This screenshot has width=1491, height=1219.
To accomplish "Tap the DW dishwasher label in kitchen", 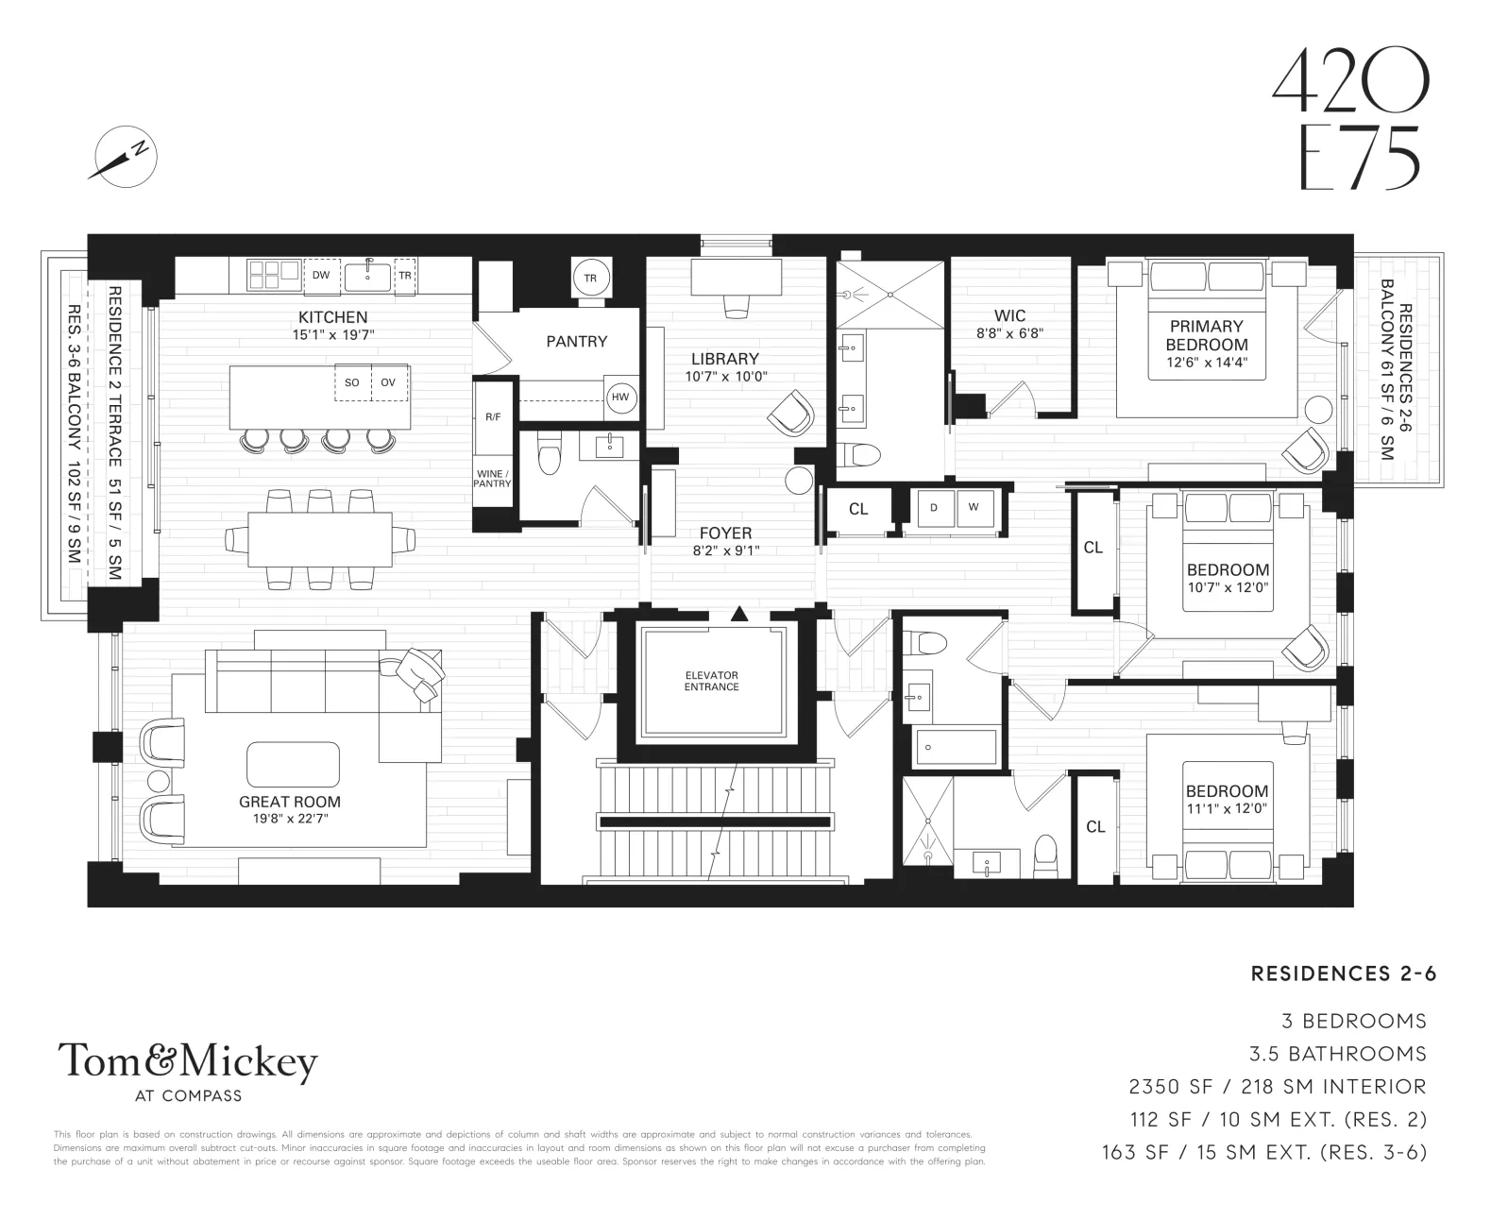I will click(x=321, y=275).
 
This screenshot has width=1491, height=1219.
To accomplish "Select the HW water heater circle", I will click(x=620, y=398).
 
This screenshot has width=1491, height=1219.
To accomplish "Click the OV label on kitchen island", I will click(x=388, y=382).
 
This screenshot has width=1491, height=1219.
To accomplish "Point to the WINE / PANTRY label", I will click(x=492, y=479).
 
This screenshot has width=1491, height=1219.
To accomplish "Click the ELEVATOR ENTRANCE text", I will click(x=712, y=681).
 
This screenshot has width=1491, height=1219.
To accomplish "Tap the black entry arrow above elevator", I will click(x=739, y=615).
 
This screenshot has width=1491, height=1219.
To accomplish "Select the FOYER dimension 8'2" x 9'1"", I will click(x=725, y=550).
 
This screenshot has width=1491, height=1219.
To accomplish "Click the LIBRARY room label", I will click(x=724, y=359).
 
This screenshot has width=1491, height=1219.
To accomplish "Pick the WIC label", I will click(x=1008, y=315).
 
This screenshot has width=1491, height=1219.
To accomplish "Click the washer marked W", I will click(x=973, y=508).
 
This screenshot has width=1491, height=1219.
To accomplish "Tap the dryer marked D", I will click(x=934, y=508).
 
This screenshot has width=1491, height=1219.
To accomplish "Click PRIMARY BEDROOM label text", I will click(x=1206, y=335).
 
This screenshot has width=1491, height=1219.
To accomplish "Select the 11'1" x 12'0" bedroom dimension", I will click(x=1227, y=808).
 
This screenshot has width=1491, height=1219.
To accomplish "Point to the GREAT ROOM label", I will click(x=289, y=802).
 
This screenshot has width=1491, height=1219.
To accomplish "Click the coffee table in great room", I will click(x=293, y=764).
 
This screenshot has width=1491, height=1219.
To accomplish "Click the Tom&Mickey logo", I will click(x=188, y=1065).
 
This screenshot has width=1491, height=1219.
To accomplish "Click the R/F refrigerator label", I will click(x=492, y=416).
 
